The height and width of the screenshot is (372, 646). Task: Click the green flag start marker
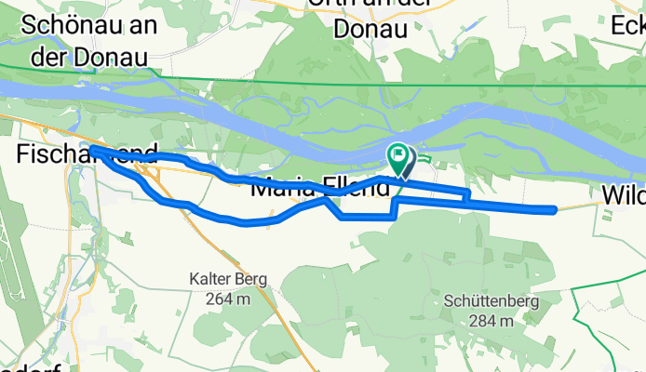(398, 157)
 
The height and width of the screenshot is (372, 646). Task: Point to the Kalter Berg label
(227, 278)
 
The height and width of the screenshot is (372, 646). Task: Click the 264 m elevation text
(227, 299)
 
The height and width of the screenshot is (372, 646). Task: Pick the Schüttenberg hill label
(479, 300)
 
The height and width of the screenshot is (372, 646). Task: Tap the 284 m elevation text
(479, 321)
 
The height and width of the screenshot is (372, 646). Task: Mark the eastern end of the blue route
(556, 209)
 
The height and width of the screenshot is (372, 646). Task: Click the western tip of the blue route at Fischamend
(90, 149)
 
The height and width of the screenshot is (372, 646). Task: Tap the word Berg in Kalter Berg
(249, 278)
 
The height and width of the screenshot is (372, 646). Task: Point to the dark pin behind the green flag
(408, 163)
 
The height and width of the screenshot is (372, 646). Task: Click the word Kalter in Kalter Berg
(209, 278)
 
